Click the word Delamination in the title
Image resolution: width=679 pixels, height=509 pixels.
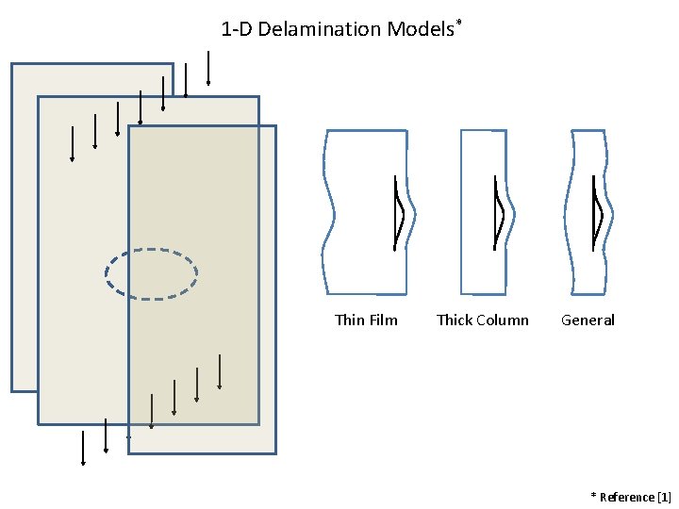(320, 29)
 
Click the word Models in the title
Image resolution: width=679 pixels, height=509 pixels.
(420, 29)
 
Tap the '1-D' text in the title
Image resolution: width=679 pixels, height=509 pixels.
(237, 29)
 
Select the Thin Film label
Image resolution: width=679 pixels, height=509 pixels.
(366, 320)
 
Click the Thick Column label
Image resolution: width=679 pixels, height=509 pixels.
(483, 320)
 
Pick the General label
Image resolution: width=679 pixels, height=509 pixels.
(588, 320)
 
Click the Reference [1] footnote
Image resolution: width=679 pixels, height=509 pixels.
(631, 497)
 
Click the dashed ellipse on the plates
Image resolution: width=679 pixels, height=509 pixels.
(151, 274)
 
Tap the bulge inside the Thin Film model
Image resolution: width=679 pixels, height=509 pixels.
(399, 213)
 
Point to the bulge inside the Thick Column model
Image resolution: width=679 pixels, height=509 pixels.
(500, 213)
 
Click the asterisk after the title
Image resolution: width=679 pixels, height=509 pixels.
(459, 22)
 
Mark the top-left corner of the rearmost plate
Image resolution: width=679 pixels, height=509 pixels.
(12, 64)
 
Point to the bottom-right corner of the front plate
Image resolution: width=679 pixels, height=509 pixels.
(275, 453)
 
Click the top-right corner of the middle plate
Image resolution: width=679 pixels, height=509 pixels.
(257, 97)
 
